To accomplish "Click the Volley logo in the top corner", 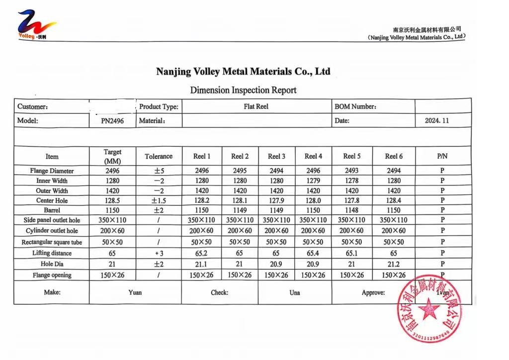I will point(36,25).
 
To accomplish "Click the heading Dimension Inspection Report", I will point(243,90).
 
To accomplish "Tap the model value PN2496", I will point(112,121).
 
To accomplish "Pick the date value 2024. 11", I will point(437,120).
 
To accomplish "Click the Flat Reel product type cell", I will point(256,106).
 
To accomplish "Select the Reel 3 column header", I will point(276,156).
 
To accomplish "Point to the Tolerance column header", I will point(159,156).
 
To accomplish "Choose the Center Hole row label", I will point(52,200).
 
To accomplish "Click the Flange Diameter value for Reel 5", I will point(351,171).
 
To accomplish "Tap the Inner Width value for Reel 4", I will point(313,180).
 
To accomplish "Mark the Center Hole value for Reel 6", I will point(393,200).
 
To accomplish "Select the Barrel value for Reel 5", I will point(351,210).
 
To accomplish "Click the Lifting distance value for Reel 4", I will point(313,253).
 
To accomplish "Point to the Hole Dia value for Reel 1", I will point(201,264).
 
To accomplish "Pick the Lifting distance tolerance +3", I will point(159,253).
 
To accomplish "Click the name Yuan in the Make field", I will point(135,292).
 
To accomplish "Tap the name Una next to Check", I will point(295,292).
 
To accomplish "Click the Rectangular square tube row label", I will point(52,242).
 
